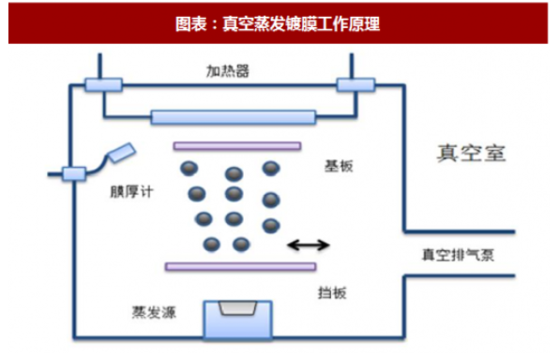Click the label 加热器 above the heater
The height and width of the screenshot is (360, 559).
(228, 70)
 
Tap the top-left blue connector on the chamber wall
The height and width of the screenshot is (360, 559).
(98, 85)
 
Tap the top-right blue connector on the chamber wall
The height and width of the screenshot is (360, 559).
(355, 85)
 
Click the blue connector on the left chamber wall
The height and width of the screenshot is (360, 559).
(73, 172)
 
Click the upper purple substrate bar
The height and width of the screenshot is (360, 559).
(236, 146)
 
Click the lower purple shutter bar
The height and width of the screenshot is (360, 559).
(240, 266)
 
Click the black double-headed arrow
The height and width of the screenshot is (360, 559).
(308, 246)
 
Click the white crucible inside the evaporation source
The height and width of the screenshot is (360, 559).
(240, 308)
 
